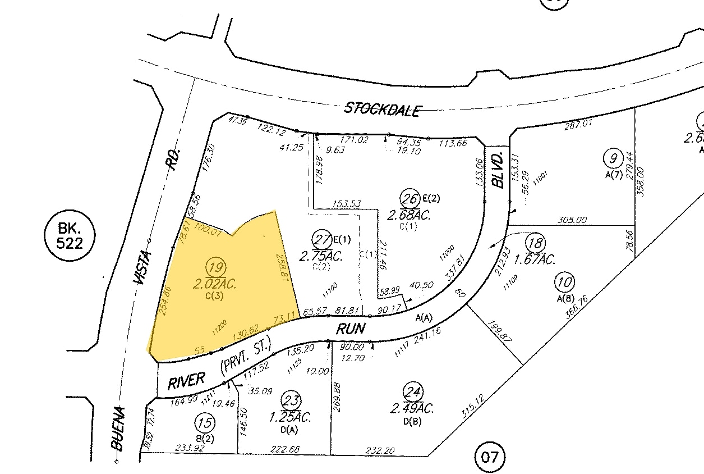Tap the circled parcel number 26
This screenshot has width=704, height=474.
[409, 198]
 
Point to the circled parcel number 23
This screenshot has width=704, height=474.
[292, 400]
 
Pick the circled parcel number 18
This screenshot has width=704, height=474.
[535, 243]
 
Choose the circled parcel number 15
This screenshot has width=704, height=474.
[204, 422]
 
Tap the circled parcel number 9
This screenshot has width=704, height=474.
[614, 158]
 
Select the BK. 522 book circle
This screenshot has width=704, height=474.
[70, 235]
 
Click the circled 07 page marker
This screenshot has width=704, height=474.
[489, 457]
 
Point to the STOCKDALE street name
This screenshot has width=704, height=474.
[381, 109]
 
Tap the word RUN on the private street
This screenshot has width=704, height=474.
[351, 329]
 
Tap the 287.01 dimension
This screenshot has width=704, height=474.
[578, 122]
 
